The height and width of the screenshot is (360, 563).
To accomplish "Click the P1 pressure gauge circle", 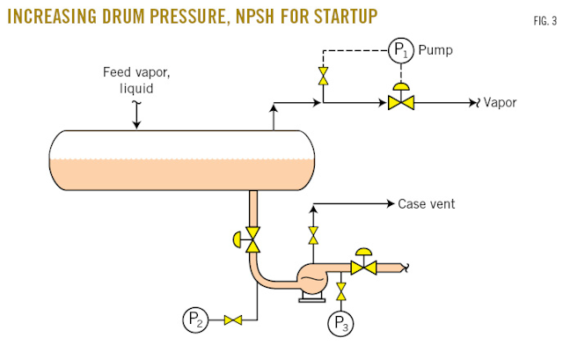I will click(x=401, y=51).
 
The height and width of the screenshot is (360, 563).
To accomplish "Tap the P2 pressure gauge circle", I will click(x=195, y=320).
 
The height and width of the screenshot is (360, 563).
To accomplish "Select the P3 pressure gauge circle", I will click(x=341, y=323).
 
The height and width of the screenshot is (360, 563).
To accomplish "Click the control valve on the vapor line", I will click(x=401, y=102).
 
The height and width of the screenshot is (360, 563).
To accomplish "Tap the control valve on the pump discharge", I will click(x=363, y=266).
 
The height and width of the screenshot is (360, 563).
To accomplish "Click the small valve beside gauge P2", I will click(x=232, y=320).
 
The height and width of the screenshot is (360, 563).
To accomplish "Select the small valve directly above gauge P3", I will click(x=341, y=290).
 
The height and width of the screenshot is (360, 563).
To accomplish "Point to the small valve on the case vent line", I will click(x=312, y=235).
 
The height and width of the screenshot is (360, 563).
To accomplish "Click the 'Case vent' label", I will click(x=427, y=203).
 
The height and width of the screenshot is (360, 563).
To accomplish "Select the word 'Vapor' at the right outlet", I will click(x=500, y=102).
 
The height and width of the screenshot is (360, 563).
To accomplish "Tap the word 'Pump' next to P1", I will click(x=436, y=50).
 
